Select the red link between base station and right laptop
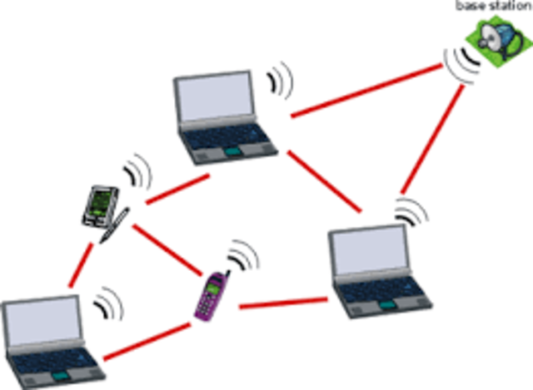(433, 137)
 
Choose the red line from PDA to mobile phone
(167, 249)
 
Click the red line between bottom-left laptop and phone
(145, 342)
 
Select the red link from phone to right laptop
(283, 304)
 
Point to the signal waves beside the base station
(462, 65)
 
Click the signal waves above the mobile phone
(242, 254)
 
